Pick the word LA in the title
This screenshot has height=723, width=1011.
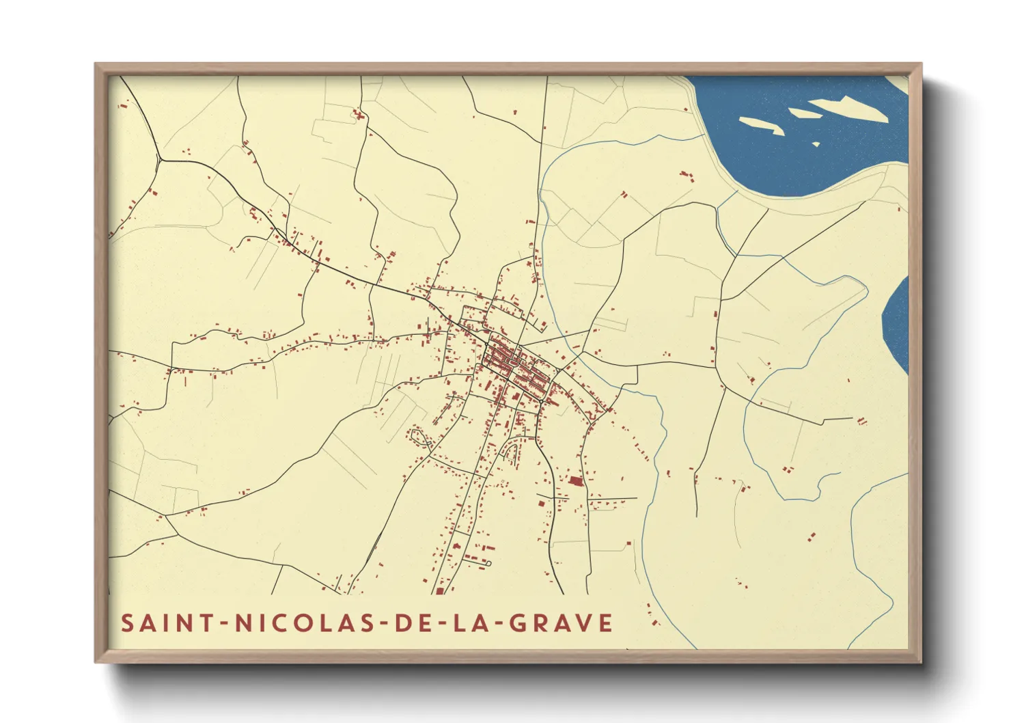pos(471,623)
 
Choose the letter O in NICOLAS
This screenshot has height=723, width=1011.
pos(305,623)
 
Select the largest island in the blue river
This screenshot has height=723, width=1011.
pos(849,108)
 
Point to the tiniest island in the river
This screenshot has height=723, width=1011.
pos(816,144)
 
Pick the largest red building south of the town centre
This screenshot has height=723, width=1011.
pos(575,482)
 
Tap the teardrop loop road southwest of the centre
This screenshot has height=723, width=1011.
pos(419,437)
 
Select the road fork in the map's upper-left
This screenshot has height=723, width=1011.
pos(159,159)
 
